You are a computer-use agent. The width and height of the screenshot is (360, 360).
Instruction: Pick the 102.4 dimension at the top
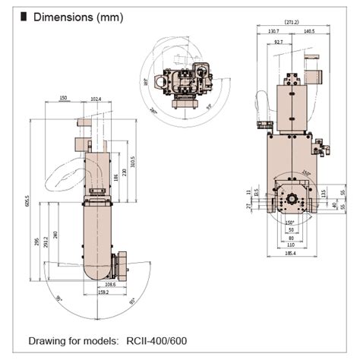click(95, 98)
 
